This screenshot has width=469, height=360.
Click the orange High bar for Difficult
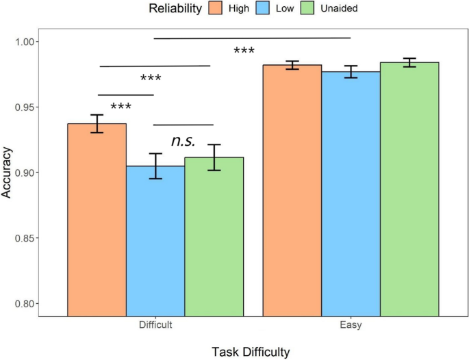click(x=97, y=219)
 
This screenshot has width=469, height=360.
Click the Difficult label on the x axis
click(x=155, y=326)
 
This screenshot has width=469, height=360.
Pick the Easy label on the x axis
click(x=351, y=326)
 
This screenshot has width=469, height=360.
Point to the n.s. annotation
click(x=183, y=142)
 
